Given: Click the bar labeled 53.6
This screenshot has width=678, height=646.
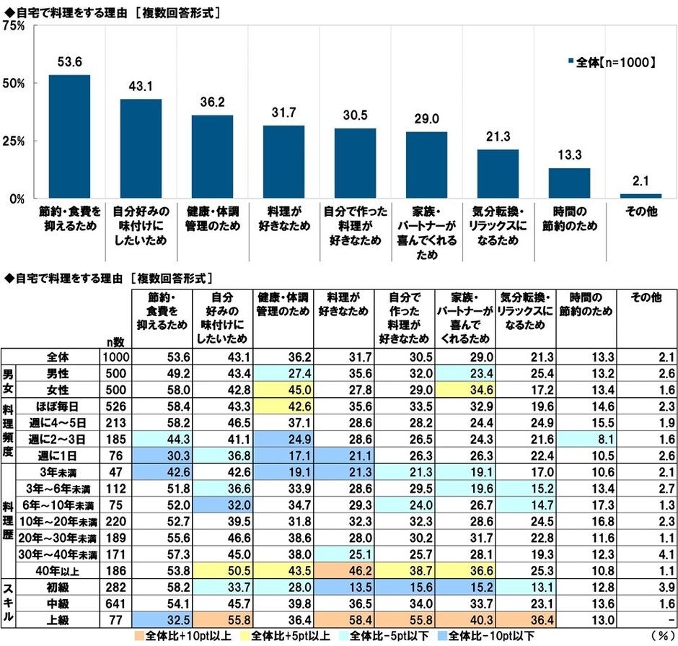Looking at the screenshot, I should click(x=69, y=136).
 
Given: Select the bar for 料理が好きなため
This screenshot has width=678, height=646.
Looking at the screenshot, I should click(x=283, y=162).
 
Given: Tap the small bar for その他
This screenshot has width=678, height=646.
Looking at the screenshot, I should click(x=640, y=196).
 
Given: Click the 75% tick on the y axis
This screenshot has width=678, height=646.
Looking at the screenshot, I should click(x=14, y=25).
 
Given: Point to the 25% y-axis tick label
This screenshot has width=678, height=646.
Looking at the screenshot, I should click(x=14, y=141).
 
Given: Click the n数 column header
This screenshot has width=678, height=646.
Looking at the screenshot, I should click(x=115, y=342).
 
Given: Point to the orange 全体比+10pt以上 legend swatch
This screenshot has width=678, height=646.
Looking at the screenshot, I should click(x=140, y=637).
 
